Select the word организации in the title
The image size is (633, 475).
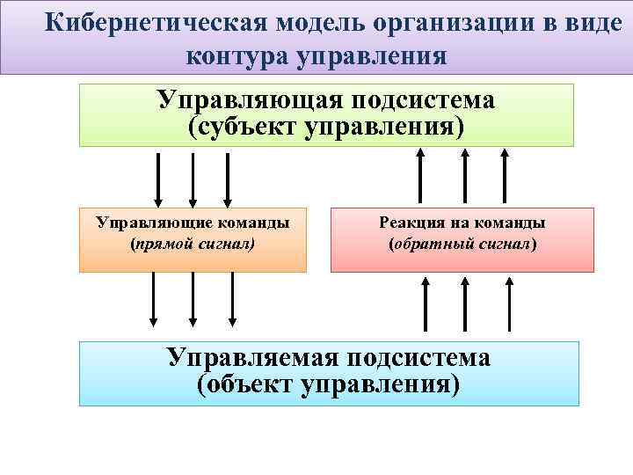tap(449, 24)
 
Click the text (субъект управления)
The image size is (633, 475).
tap(326, 126)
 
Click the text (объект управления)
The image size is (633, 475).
tap(329, 384)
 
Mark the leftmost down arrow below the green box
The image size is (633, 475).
tap(158, 179)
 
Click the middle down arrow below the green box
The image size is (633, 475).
tap(193, 179)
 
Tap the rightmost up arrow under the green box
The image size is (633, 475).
tap(505, 176)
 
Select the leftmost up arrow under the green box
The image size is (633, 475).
tap(420, 176)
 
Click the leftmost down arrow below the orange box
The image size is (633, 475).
tap(154, 299)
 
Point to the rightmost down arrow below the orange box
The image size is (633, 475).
tap(233, 299)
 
